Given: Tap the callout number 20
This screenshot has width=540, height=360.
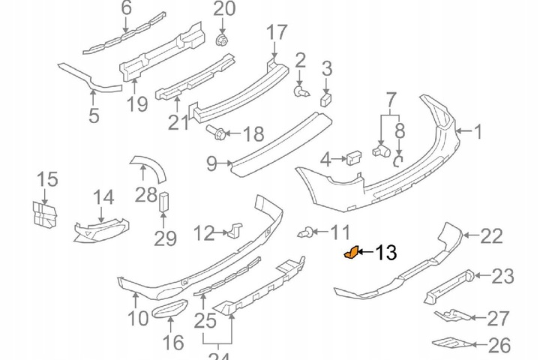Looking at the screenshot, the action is point(223,10).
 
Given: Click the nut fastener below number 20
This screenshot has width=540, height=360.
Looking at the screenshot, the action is point(222,39).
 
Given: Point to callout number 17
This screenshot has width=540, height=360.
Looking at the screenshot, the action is point(277,32).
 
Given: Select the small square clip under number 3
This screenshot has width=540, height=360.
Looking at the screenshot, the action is point(327,98).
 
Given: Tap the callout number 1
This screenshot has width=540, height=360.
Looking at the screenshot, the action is point(478,132).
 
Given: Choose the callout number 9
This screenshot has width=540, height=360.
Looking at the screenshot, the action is point(211,162).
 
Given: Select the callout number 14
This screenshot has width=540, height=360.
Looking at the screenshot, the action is point(103,198).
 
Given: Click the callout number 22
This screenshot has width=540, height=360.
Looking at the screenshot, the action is point(491,237).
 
